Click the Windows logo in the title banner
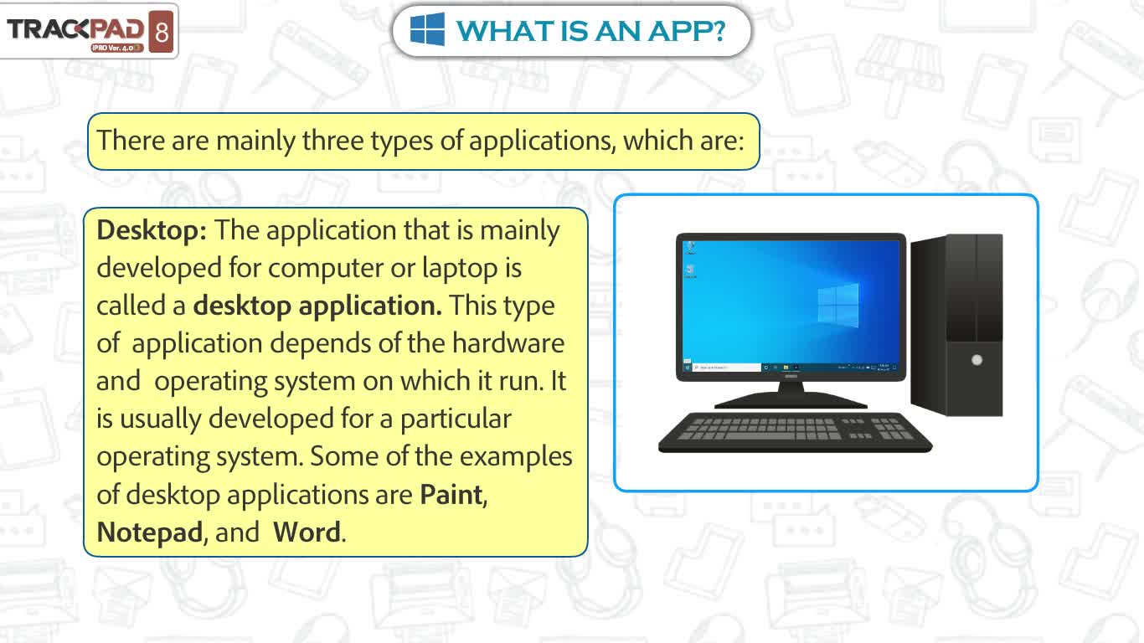point(427,30)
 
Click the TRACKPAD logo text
point(75,29)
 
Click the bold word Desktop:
point(152,230)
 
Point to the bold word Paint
point(451,494)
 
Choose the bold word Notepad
point(150,532)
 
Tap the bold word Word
point(307,532)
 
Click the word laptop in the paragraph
point(460,269)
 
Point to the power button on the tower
point(977,360)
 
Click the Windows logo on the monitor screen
point(838,306)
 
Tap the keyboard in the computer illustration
point(795,432)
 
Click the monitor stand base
point(791,401)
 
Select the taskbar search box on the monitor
point(726,368)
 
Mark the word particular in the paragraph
point(456,419)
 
